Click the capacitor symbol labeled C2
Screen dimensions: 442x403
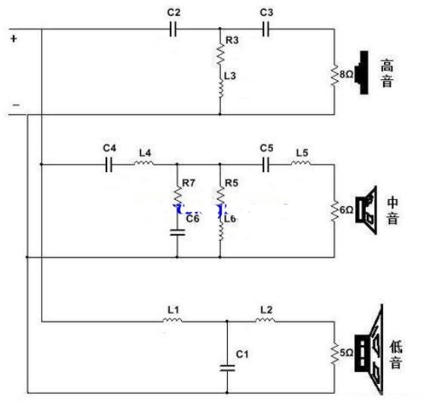tap(173, 29)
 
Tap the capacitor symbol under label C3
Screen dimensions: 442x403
tap(266, 29)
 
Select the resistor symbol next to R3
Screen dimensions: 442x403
tap(220, 54)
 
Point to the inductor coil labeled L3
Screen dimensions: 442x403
tap(221, 88)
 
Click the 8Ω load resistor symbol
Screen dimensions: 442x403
tap(335, 75)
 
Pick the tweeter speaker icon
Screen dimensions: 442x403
tap(361, 72)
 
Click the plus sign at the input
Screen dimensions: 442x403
tap(14, 38)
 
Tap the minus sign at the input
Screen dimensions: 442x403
tap(17, 105)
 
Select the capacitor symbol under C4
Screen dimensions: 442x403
tap(109, 165)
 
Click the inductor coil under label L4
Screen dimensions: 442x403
tap(144, 163)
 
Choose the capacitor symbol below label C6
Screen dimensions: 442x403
tap(177, 232)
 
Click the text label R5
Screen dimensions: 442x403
tap(232, 183)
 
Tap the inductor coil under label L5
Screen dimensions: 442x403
tap(301, 163)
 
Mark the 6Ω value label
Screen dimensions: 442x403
tap(346, 210)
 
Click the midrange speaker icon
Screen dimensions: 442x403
tap(366, 210)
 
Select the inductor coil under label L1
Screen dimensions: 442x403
tap(172, 320)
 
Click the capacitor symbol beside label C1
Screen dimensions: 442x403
tap(227, 368)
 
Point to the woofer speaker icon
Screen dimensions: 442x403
tap(369, 349)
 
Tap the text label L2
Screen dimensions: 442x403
tap(266, 310)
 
